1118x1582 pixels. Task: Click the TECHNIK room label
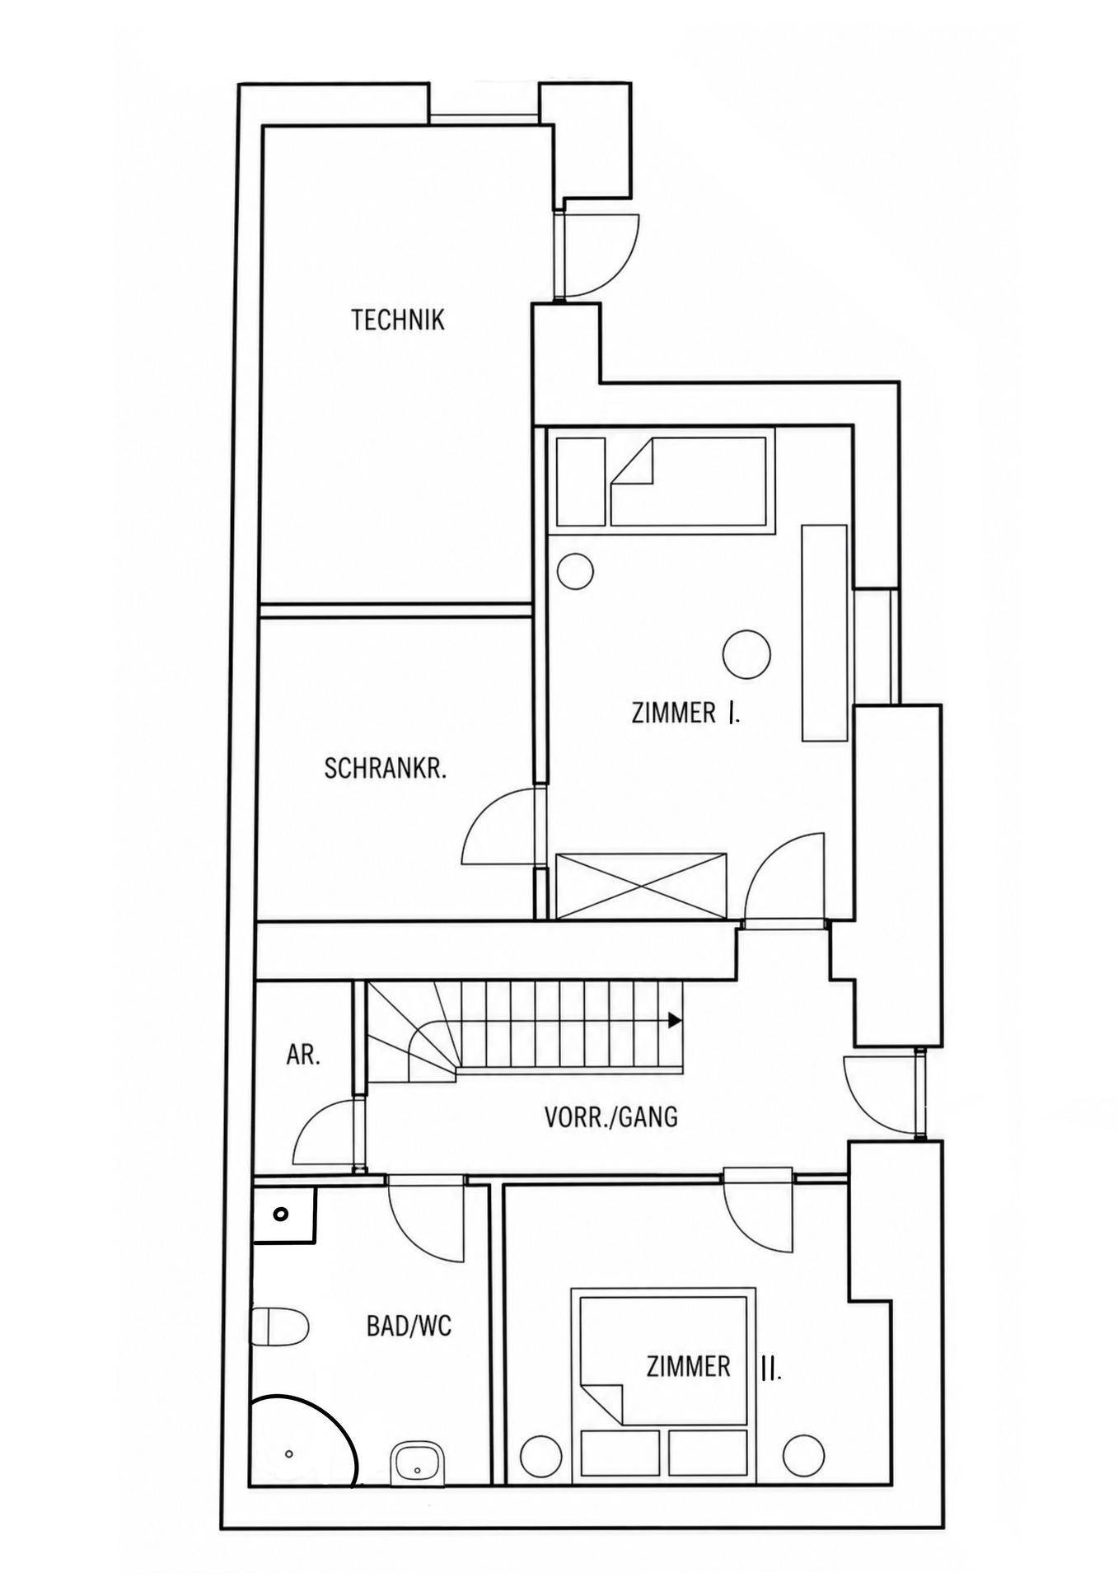(398, 320)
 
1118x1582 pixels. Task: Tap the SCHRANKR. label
(386, 769)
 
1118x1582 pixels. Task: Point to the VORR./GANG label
(611, 1117)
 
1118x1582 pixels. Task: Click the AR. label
(303, 1055)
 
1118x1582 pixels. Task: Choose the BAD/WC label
(409, 1327)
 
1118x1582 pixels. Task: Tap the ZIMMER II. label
(713, 1367)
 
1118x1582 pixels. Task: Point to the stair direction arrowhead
(675, 1020)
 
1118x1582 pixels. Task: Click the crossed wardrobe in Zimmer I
(641, 886)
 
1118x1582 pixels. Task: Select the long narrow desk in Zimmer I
(825, 632)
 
